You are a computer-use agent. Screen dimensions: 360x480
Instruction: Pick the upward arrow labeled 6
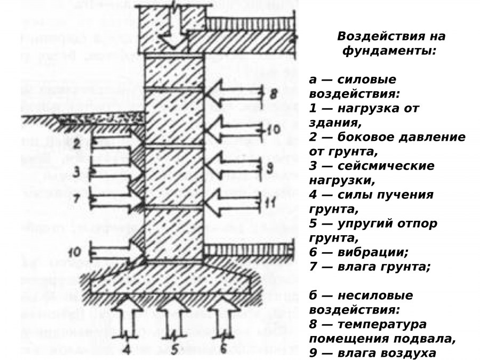(x=220, y=317)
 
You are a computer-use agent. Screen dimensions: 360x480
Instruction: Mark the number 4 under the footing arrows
(x=126, y=349)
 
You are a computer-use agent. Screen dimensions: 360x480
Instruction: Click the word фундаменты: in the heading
(x=389, y=52)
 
